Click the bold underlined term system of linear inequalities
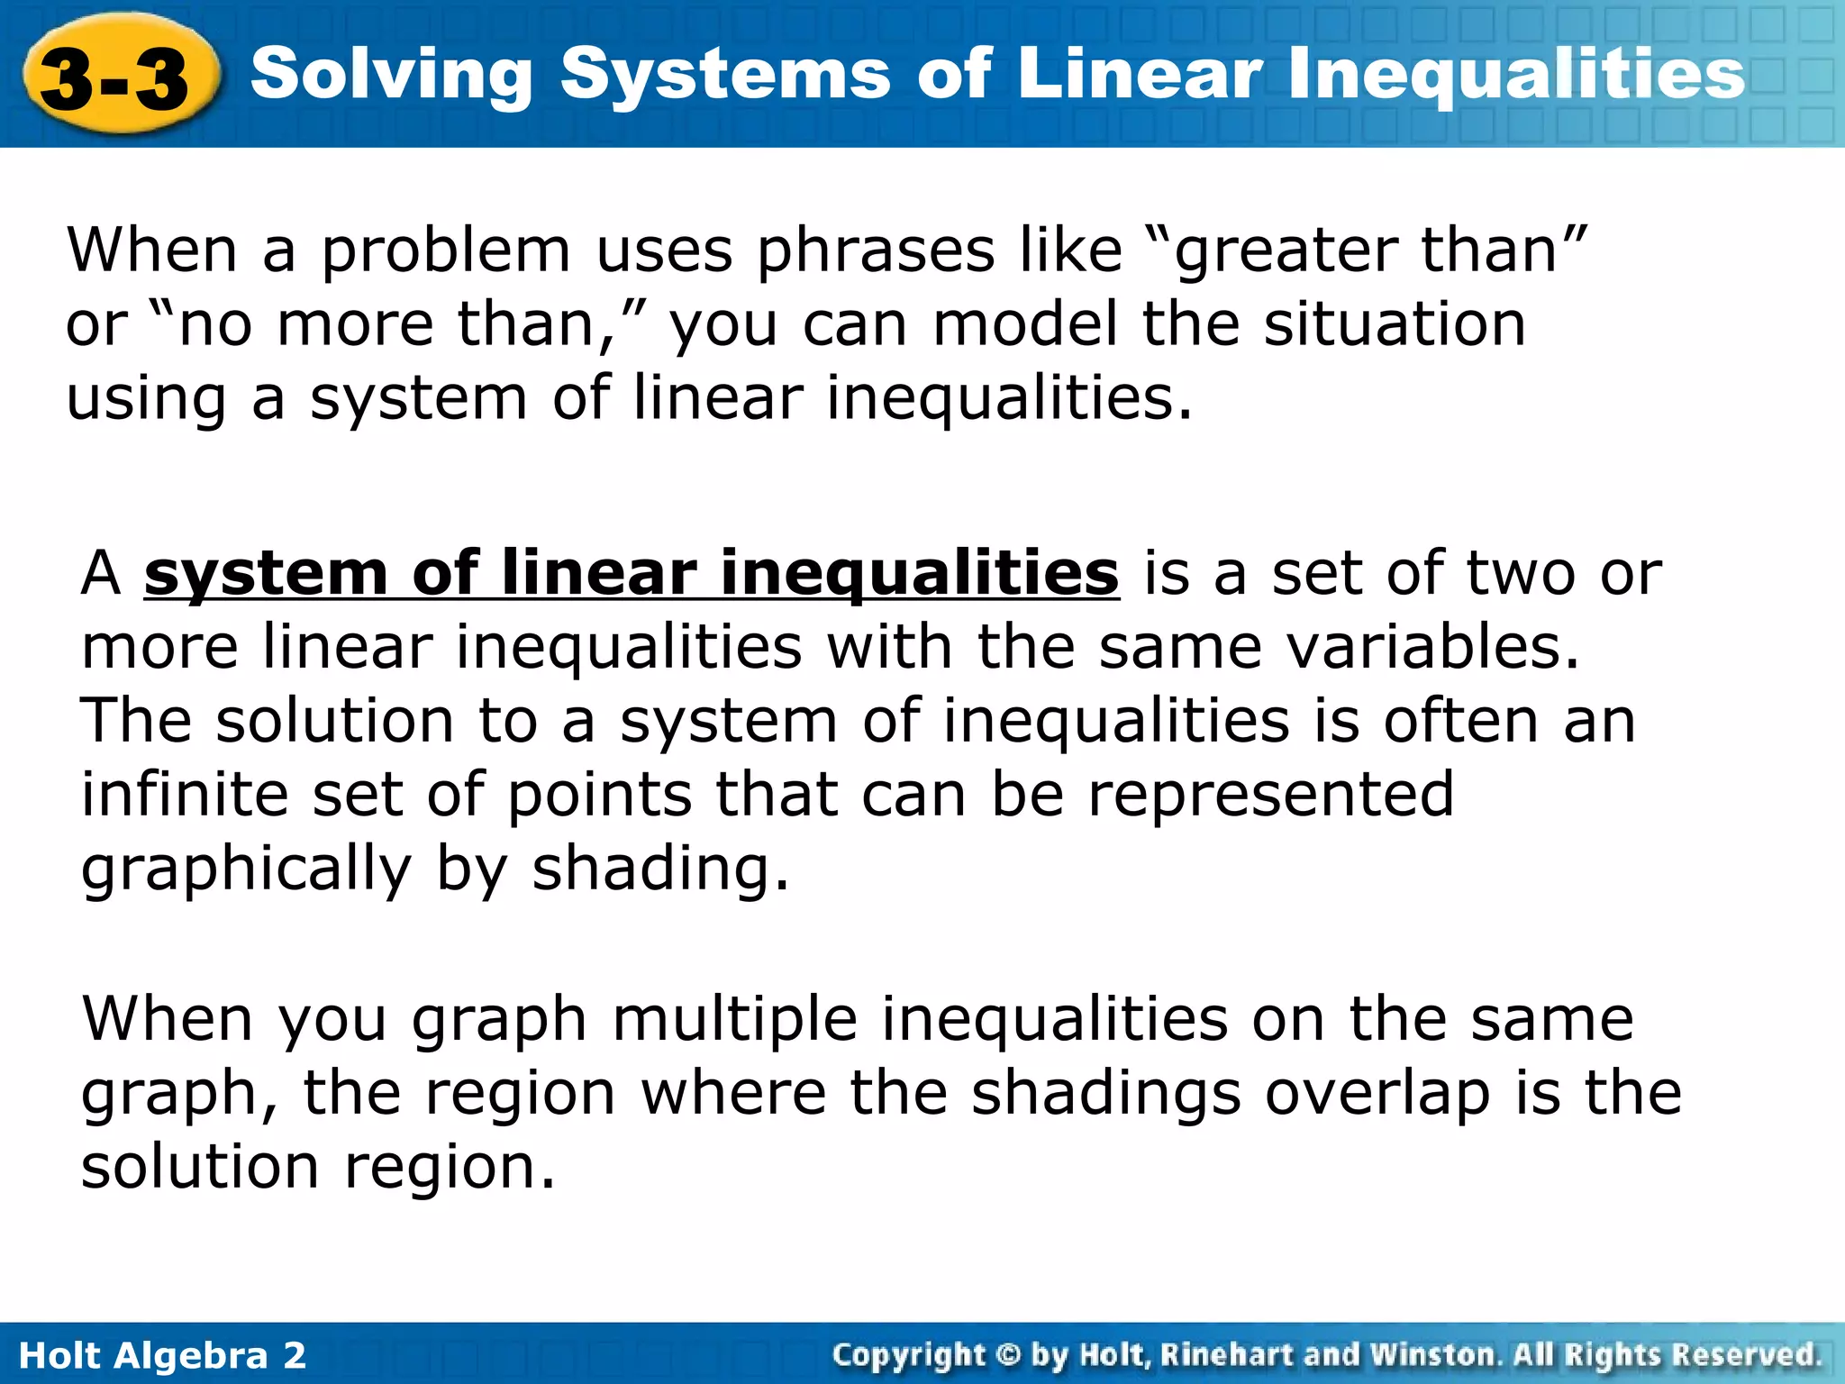[x=631, y=574]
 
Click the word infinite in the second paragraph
[x=185, y=795]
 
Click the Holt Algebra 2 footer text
[x=162, y=1355]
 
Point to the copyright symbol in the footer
[x=1008, y=1355]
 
